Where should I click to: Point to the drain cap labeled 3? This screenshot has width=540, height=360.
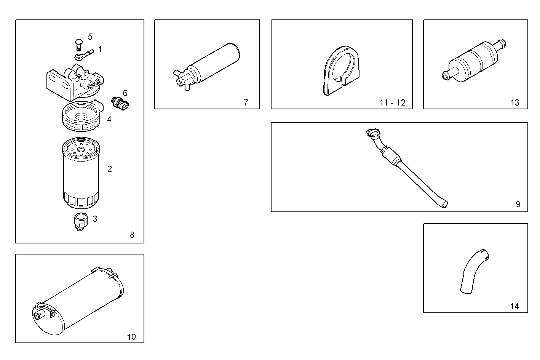tap(80, 222)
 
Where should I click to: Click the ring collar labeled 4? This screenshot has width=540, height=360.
tap(81, 115)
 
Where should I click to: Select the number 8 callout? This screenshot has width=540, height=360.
tap(132, 235)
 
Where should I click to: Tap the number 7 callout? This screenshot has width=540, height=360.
tap(246, 102)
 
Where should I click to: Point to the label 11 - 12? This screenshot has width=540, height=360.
tap(392, 102)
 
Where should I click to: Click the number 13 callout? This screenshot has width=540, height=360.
tap(514, 102)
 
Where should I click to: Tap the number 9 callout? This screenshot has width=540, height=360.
tap(518, 205)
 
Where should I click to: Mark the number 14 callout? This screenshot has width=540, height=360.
tap(514, 306)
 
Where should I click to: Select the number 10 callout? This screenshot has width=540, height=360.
tap(131, 337)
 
